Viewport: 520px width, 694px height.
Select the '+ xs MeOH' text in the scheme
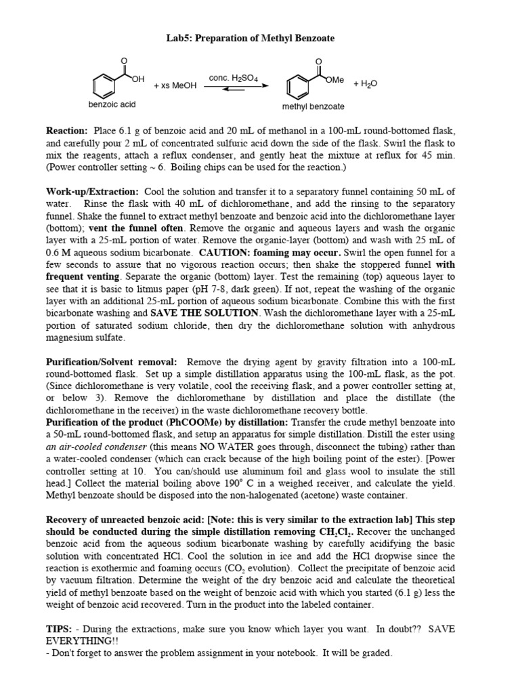[175, 86]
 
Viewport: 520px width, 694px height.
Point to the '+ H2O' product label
[365, 84]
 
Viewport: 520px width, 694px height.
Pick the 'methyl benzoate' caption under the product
[313, 106]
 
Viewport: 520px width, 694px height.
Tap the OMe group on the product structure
[334, 80]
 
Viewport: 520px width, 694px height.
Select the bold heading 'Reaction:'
[66, 130]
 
